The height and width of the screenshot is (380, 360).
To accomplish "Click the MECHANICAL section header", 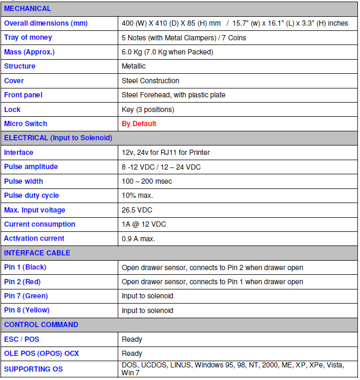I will (28, 9).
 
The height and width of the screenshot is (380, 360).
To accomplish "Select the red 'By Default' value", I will (139, 124).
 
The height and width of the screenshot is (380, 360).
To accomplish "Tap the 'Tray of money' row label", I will (28, 38).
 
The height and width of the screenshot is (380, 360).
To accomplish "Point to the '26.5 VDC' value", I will (137, 210).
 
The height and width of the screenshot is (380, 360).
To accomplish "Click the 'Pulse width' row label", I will (24, 181).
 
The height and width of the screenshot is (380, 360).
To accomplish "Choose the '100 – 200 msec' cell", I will (147, 181).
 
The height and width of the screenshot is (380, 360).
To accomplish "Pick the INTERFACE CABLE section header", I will (37, 253).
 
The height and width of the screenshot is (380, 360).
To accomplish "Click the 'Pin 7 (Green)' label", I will (26, 296).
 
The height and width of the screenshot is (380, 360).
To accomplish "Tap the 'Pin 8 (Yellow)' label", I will (27, 310).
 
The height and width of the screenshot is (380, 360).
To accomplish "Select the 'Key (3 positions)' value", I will (148, 109).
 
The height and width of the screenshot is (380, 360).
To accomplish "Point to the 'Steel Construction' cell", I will (150, 81).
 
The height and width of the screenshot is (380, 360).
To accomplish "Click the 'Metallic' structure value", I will (133, 66).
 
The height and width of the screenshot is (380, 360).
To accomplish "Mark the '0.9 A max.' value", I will (138, 239).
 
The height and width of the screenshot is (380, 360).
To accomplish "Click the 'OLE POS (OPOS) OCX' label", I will (41, 353).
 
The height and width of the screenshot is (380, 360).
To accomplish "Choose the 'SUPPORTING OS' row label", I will (33, 369).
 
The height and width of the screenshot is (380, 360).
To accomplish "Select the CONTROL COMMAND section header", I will (41, 325).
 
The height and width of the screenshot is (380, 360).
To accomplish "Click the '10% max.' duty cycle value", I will (137, 195).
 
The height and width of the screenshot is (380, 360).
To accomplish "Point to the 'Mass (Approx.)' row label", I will (29, 52).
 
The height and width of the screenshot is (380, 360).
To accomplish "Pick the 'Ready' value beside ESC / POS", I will (132, 339).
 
